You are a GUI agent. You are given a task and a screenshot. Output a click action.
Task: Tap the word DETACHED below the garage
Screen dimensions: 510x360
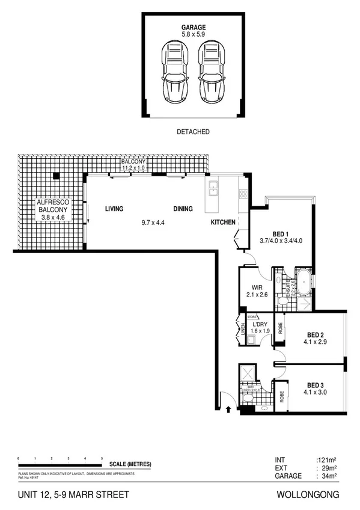pos(194,132)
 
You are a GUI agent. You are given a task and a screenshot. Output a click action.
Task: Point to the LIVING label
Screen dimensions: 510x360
pos(114,209)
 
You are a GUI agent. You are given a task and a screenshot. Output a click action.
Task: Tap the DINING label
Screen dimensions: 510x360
pos(183,209)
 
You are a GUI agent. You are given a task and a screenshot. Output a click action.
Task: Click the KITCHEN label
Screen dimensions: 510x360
pos(222,223)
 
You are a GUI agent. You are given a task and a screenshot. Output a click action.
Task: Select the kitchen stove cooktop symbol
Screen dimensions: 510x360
pos(243,194)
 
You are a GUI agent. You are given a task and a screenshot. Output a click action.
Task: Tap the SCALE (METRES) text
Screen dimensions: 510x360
pos(130,464)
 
